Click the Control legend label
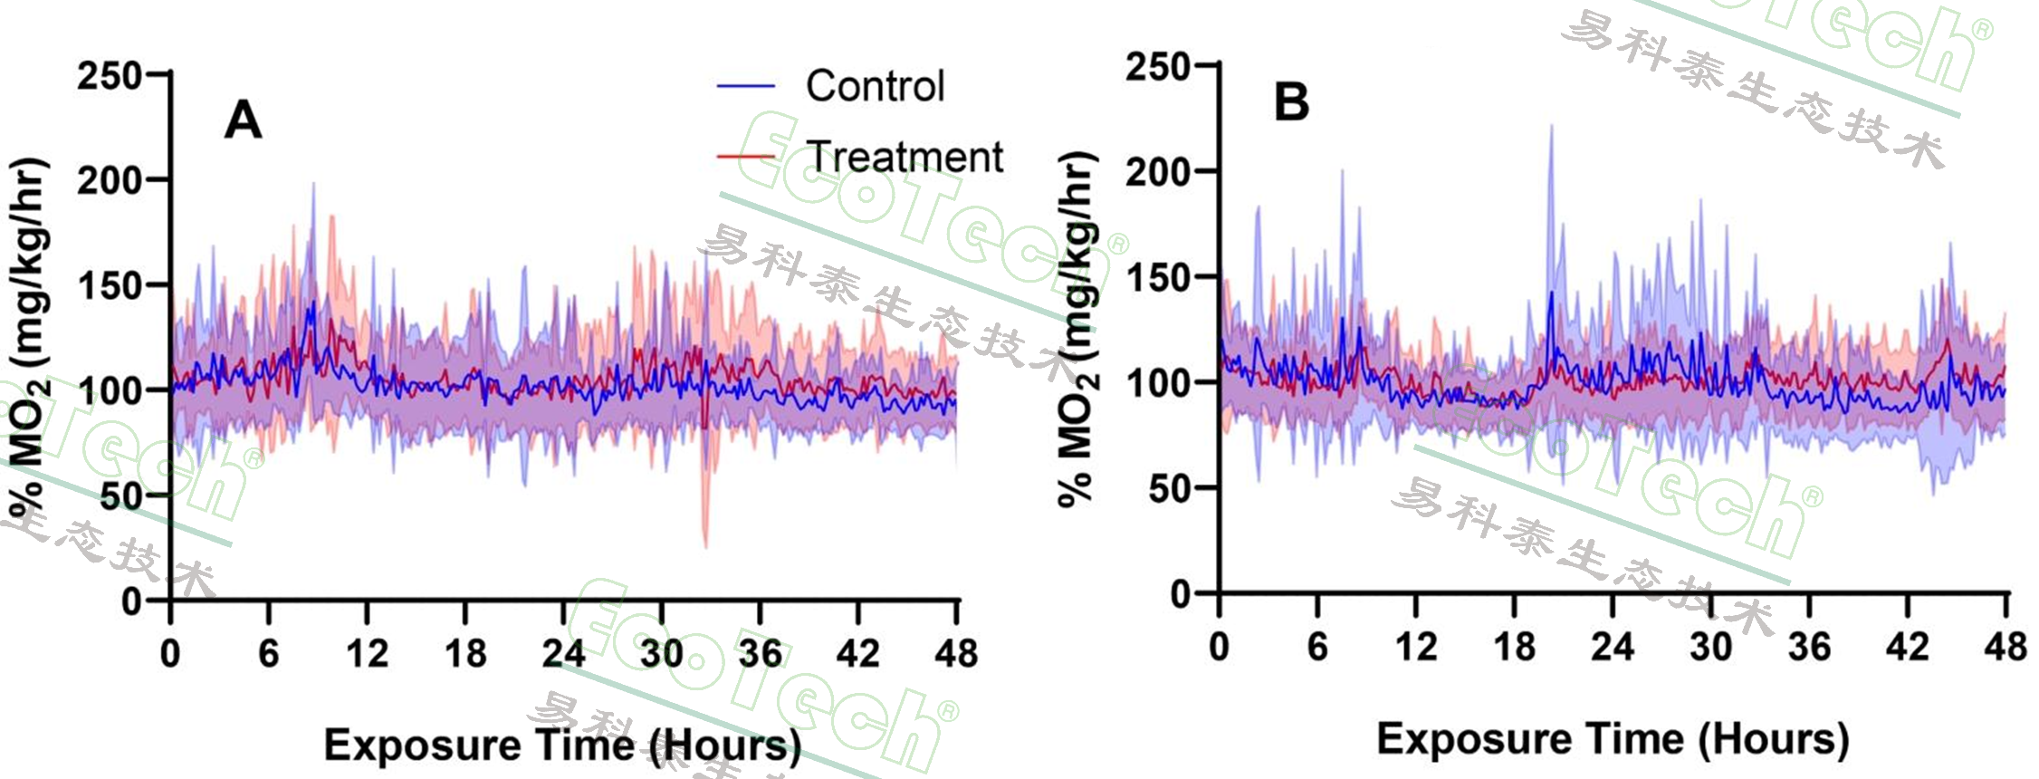click(875, 87)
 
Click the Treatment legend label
click(905, 157)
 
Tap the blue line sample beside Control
click(746, 87)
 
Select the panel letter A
click(243, 120)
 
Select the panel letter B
click(1291, 101)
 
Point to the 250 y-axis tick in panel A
click(109, 75)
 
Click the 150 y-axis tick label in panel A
click(109, 286)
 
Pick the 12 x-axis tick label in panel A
click(367, 653)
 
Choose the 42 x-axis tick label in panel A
click(857, 653)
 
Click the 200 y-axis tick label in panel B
click(1157, 171)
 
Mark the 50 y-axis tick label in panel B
click(1169, 489)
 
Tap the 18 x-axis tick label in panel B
click(1514, 647)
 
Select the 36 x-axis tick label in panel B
click(1809, 647)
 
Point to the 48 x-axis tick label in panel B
click(2005, 647)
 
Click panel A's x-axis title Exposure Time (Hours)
click(562, 745)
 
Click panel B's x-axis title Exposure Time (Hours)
click(1613, 739)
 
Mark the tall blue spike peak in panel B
click(1551, 127)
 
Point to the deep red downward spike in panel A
click(705, 543)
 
